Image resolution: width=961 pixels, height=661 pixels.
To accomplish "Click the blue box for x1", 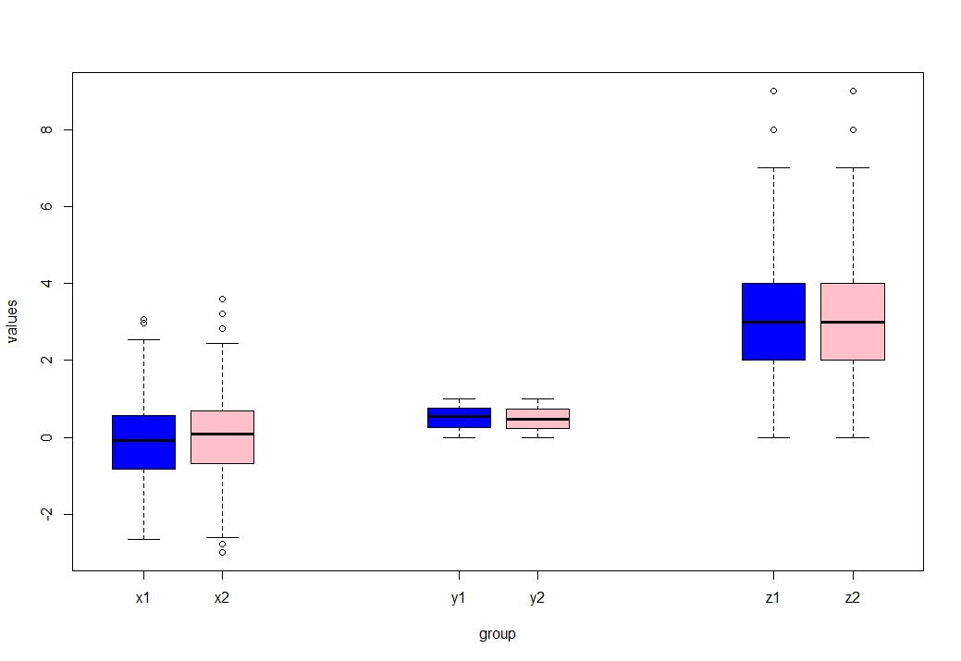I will [x=143, y=442].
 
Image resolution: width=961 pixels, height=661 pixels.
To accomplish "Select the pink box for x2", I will [x=222, y=436].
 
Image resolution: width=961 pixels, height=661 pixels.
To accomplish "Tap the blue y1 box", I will [x=459, y=418].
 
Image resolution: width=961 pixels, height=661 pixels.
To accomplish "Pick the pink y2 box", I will [x=537, y=419].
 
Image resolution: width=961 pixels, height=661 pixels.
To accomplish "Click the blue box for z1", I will [x=773, y=321].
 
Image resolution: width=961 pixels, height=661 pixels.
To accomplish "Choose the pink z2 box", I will [x=852, y=321].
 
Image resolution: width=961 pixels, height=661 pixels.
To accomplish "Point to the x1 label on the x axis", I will [x=142, y=598].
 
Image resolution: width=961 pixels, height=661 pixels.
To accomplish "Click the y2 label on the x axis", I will [x=537, y=598].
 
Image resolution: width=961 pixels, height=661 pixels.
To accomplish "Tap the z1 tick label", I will [x=773, y=598].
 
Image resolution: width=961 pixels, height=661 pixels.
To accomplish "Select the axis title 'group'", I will [x=497, y=634].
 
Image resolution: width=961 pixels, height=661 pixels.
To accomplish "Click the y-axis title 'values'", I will [x=12, y=321].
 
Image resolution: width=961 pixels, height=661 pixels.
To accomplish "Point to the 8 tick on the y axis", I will [x=43, y=129].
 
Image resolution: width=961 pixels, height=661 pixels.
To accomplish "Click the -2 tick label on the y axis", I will [x=43, y=514].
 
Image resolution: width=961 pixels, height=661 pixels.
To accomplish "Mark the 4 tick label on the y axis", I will [x=43, y=283].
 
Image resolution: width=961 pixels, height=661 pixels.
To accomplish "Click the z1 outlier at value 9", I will [x=773, y=91].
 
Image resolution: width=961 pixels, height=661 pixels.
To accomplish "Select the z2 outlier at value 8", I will [x=852, y=129].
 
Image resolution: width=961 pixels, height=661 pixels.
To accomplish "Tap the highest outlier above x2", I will [x=222, y=299].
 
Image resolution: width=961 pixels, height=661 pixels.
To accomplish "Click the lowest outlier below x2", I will [x=222, y=552].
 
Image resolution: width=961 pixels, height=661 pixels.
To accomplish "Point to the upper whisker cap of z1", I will [x=773, y=168].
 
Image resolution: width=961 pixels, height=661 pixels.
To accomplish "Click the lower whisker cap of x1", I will [x=143, y=539].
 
